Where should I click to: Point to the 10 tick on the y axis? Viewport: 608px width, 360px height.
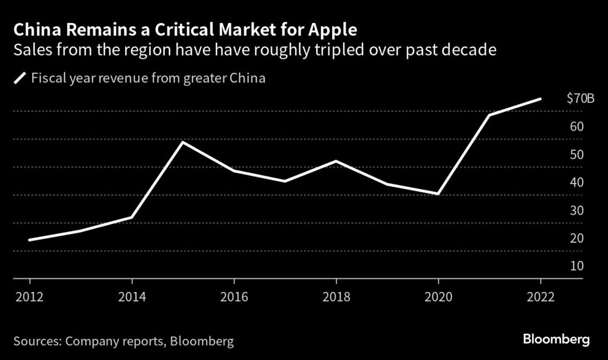[576, 266]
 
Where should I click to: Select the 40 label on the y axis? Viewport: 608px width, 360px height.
[576, 182]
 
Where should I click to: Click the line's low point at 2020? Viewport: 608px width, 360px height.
[438, 194]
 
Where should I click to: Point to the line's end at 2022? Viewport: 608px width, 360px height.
[541, 99]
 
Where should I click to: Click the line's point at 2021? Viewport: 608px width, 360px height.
[489, 114]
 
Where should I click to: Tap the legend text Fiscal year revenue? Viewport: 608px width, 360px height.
[79, 78]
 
